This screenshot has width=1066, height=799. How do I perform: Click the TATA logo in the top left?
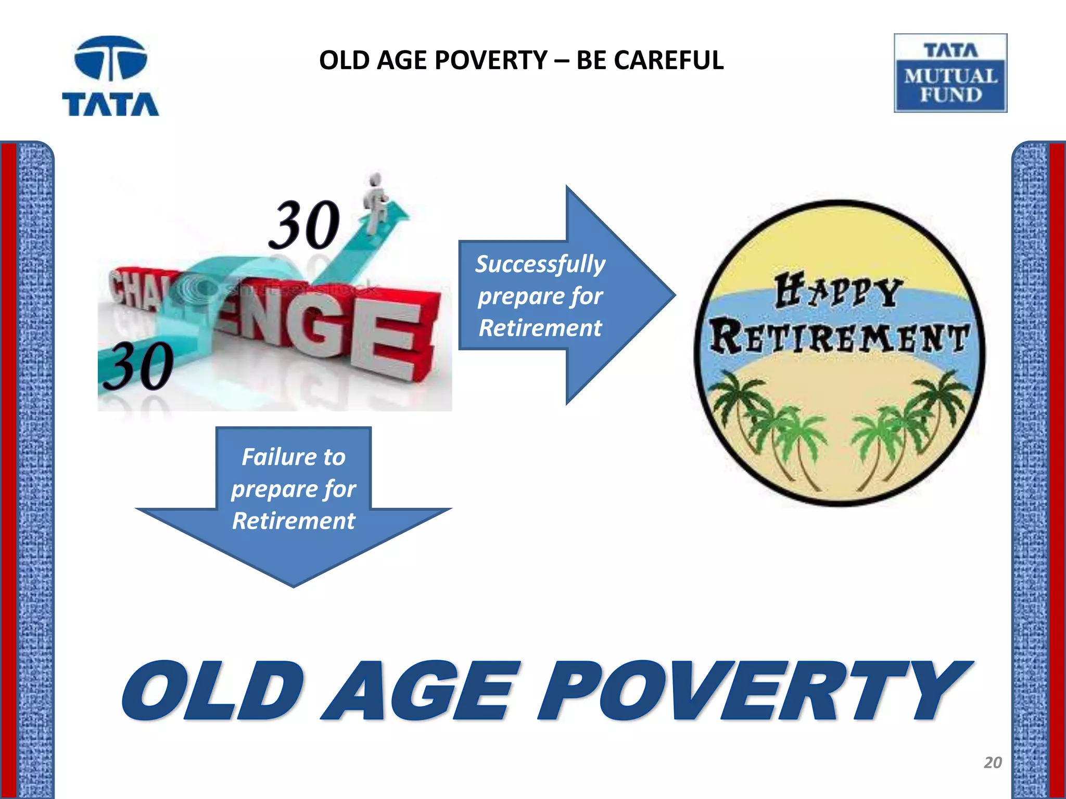tap(110, 76)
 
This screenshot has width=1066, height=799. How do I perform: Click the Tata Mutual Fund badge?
tap(950, 73)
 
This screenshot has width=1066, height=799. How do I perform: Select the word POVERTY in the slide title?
tap(489, 60)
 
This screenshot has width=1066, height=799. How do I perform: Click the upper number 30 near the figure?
tap(304, 225)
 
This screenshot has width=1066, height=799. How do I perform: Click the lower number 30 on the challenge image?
tap(138, 366)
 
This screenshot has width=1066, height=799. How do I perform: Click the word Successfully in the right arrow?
tap(540, 264)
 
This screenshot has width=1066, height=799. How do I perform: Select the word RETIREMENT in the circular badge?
tap(839, 337)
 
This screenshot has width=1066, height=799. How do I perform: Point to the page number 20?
tap(993, 763)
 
